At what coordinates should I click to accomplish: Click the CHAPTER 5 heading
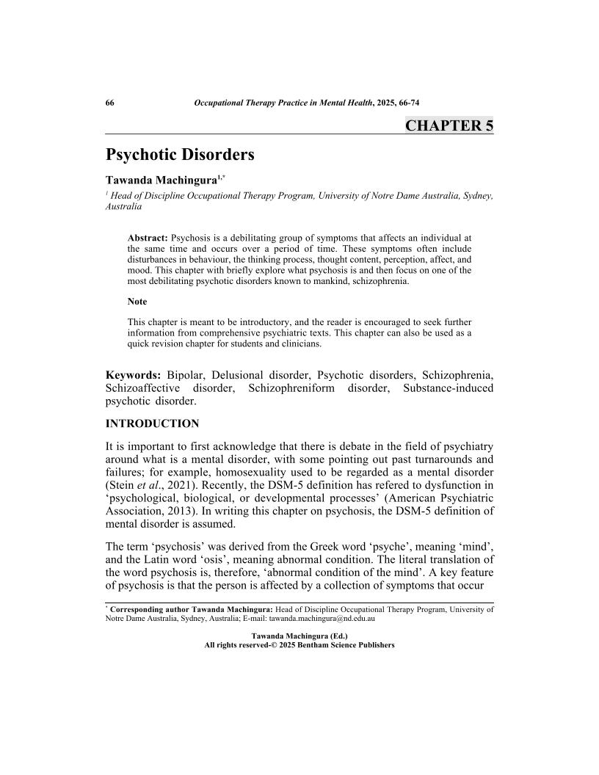(x=449, y=125)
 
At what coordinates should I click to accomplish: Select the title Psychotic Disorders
(x=180, y=156)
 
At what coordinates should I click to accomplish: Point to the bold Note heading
(x=137, y=302)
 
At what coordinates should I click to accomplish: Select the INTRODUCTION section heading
(x=153, y=424)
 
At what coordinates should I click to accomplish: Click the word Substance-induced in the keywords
(x=448, y=387)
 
